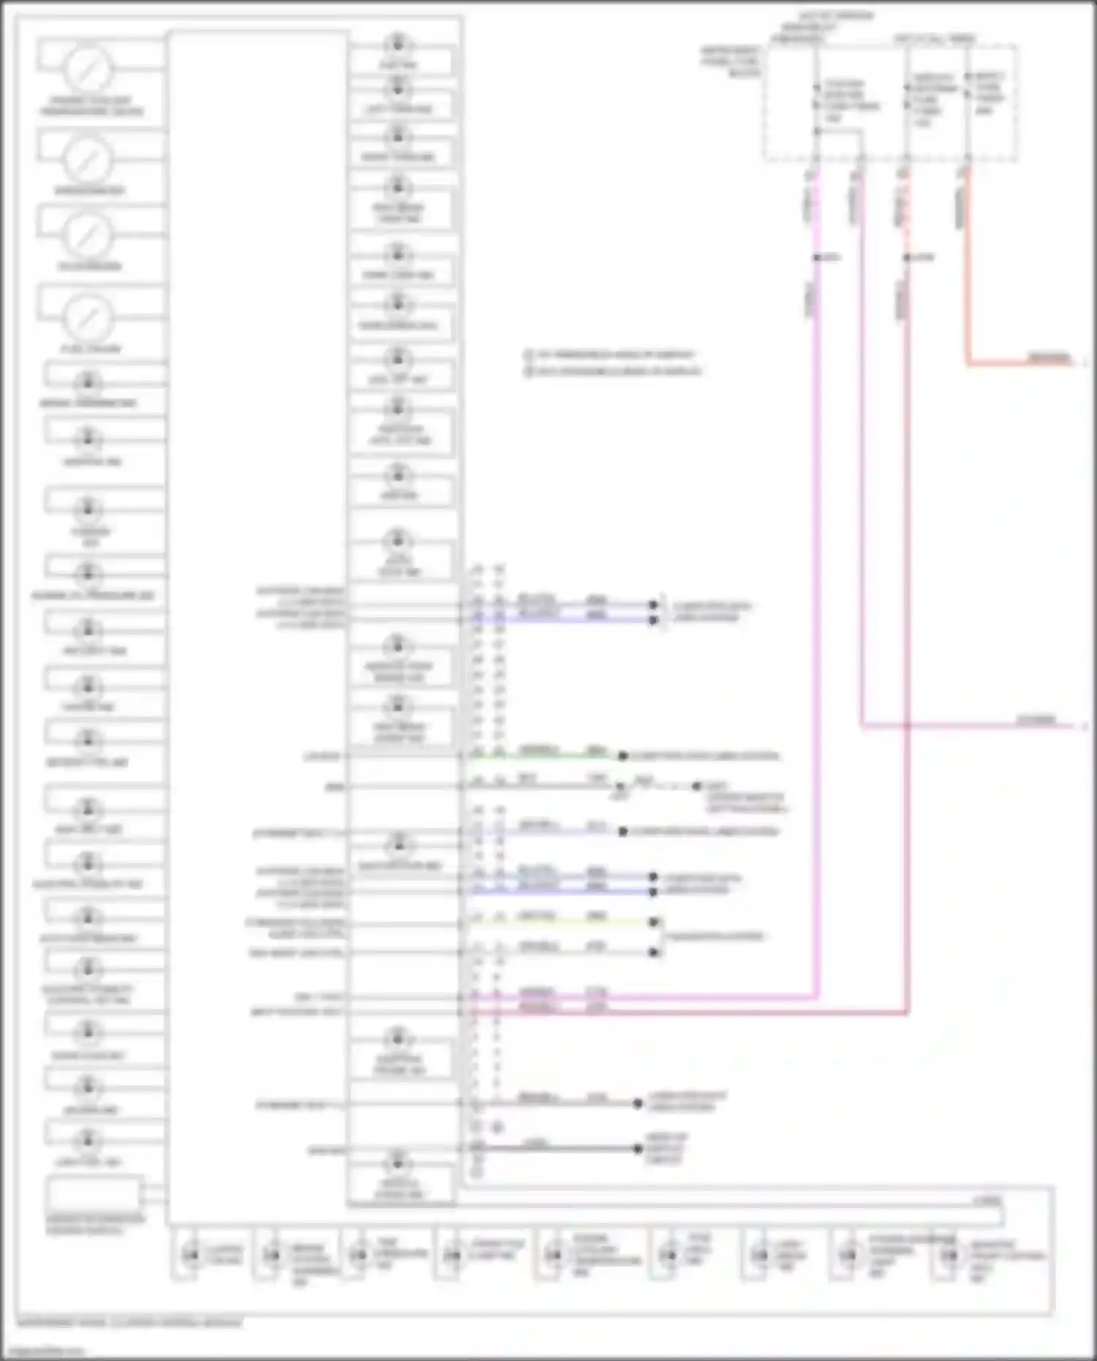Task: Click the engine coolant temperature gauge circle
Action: click(88, 69)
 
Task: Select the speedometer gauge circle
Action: click(88, 159)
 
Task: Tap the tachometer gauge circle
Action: click(88, 234)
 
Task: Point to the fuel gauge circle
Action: click(88, 317)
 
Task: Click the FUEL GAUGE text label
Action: click(91, 349)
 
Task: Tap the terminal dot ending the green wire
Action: click(623, 756)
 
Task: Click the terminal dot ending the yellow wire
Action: click(655, 922)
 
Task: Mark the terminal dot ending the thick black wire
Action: click(638, 1148)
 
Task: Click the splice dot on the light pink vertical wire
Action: click(816, 257)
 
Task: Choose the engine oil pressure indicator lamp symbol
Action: click(88, 573)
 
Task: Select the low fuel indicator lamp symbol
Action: click(88, 1139)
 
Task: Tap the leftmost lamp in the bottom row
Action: click(191, 1255)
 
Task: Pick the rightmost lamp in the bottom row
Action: click(949, 1255)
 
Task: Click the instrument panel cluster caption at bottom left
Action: click(129, 1322)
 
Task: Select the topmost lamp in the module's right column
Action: click(398, 42)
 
